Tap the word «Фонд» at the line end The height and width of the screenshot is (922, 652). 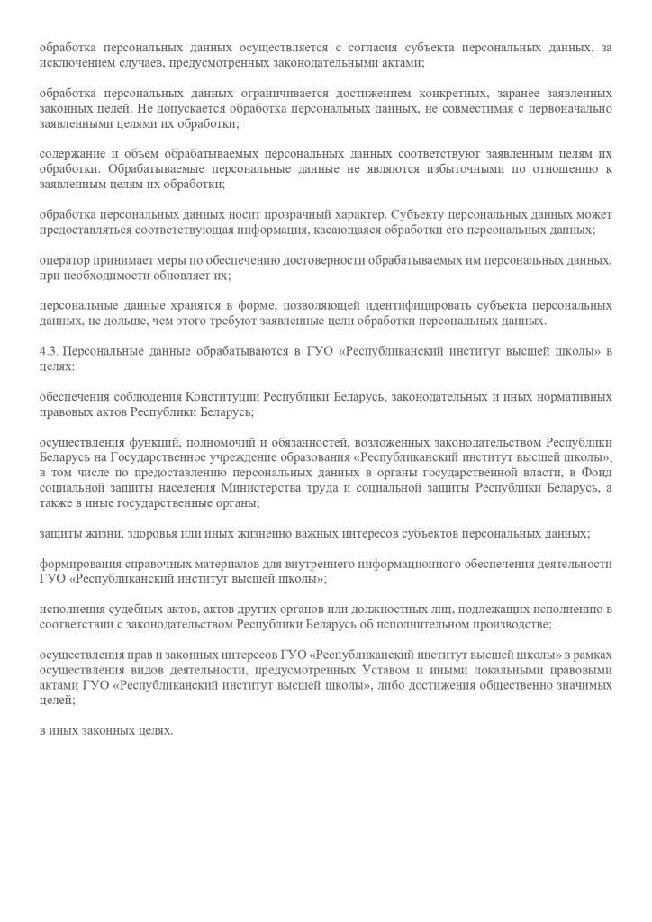pyautogui.click(x=598, y=473)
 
